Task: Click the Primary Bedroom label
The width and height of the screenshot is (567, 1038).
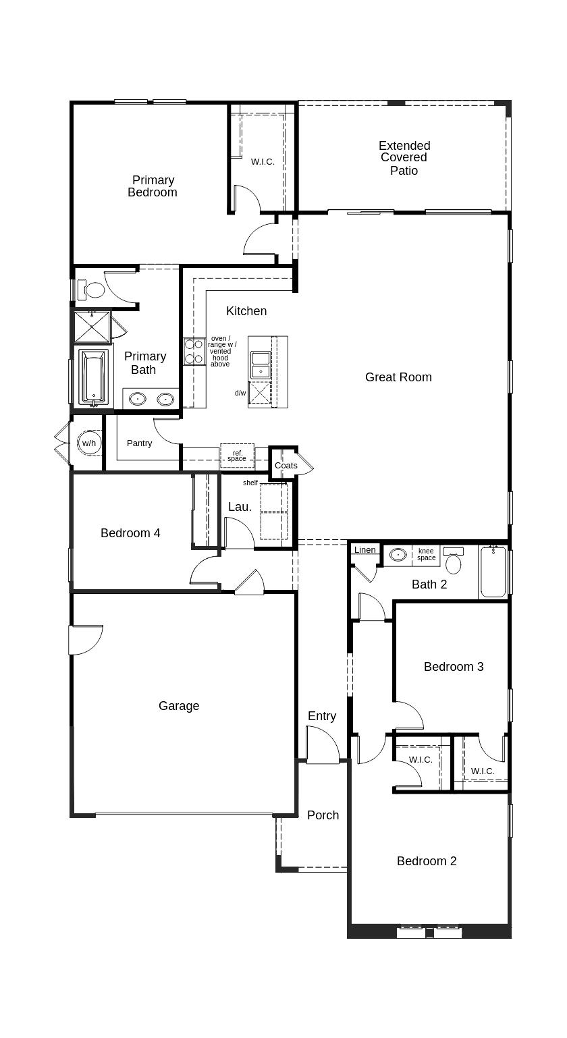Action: (x=153, y=186)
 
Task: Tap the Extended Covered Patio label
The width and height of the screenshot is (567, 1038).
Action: (x=404, y=158)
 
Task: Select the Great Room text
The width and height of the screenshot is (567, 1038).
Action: (x=398, y=377)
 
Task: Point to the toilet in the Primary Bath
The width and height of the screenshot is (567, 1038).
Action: (x=92, y=290)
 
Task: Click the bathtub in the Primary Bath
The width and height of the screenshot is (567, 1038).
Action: (x=93, y=377)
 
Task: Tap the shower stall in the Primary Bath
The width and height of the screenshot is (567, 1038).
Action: (x=92, y=327)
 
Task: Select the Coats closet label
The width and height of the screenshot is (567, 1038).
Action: (x=286, y=465)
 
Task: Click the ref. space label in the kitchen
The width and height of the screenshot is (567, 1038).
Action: (x=237, y=456)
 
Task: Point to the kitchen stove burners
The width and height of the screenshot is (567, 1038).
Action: (x=194, y=352)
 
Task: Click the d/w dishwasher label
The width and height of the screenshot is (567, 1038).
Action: (x=240, y=393)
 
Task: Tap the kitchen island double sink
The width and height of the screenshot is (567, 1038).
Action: (x=261, y=365)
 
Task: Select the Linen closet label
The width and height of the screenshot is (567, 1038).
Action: (x=364, y=550)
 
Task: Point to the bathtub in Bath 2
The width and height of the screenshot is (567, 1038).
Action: (x=493, y=572)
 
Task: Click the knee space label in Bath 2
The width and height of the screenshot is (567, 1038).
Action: (x=426, y=554)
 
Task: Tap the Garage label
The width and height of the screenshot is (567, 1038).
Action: (x=179, y=706)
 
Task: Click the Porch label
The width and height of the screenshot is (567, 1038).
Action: (x=323, y=815)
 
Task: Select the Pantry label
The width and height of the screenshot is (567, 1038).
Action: (x=139, y=443)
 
